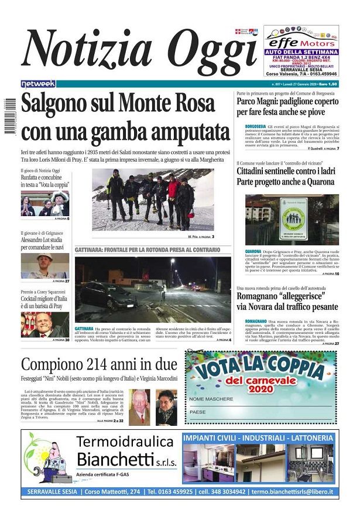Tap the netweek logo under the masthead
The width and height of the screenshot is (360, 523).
(x=38, y=84)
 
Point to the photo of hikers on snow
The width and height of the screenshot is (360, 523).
(x=152, y=200)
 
